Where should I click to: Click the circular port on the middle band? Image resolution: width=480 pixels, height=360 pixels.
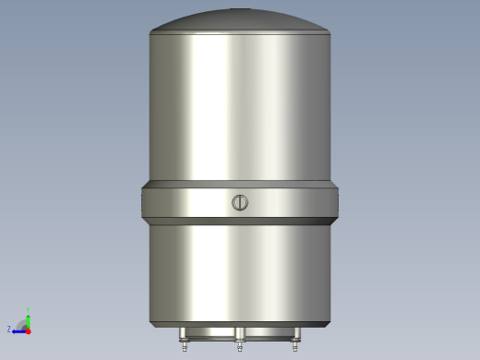pos(240,203)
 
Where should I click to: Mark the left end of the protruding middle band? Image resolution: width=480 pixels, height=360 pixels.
pos(145,203)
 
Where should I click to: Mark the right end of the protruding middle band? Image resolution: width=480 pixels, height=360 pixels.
pos(335,203)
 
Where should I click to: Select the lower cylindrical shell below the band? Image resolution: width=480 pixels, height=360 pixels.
pos(240,272)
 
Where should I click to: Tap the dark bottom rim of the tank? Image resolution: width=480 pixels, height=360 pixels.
pos(240,324)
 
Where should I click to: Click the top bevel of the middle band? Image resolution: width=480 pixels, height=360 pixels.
pos(240,185)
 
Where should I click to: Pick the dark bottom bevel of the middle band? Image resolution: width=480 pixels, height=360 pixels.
pos(240,222)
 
